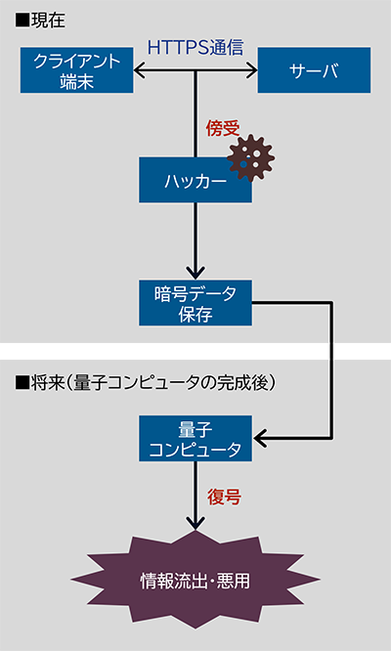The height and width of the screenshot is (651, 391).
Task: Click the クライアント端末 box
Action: click(x=77, y=70)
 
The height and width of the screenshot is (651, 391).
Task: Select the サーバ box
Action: click(x=314, y=70)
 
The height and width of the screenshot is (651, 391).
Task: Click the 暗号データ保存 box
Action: click(x=195, y=302)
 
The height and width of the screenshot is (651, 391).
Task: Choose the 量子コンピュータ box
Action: click(x=195, y=439)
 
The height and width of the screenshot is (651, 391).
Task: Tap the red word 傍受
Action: click(x=222, y=127)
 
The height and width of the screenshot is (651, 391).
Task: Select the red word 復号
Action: click(x=224, y=497)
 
